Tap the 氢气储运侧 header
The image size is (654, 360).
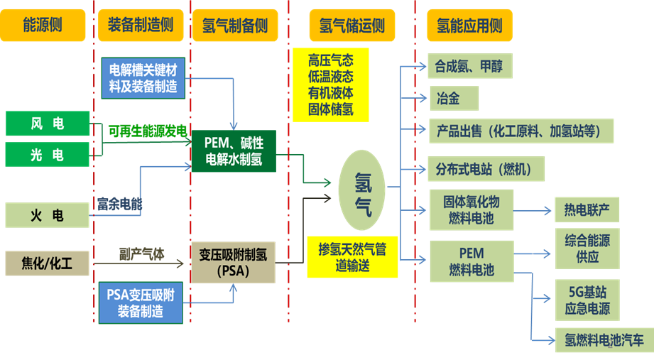click(x=353, y=26)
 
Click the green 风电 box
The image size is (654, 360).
click(x=48, y=124)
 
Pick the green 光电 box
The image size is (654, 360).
click(x=48, y=155)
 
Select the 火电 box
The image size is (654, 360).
click(x=48, y=215)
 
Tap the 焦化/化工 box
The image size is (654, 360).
click(x=48, y=265)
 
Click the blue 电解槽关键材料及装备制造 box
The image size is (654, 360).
click(x=143, y=77)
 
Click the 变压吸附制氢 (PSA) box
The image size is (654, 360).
click(x=233, y=263)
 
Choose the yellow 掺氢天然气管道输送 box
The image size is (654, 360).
click(x=352, y=256)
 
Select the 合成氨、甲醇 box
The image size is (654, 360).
click(x=469, y=66)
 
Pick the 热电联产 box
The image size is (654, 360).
click(x=587, y=210)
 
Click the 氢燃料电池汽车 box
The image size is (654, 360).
click(x=604, y=341)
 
